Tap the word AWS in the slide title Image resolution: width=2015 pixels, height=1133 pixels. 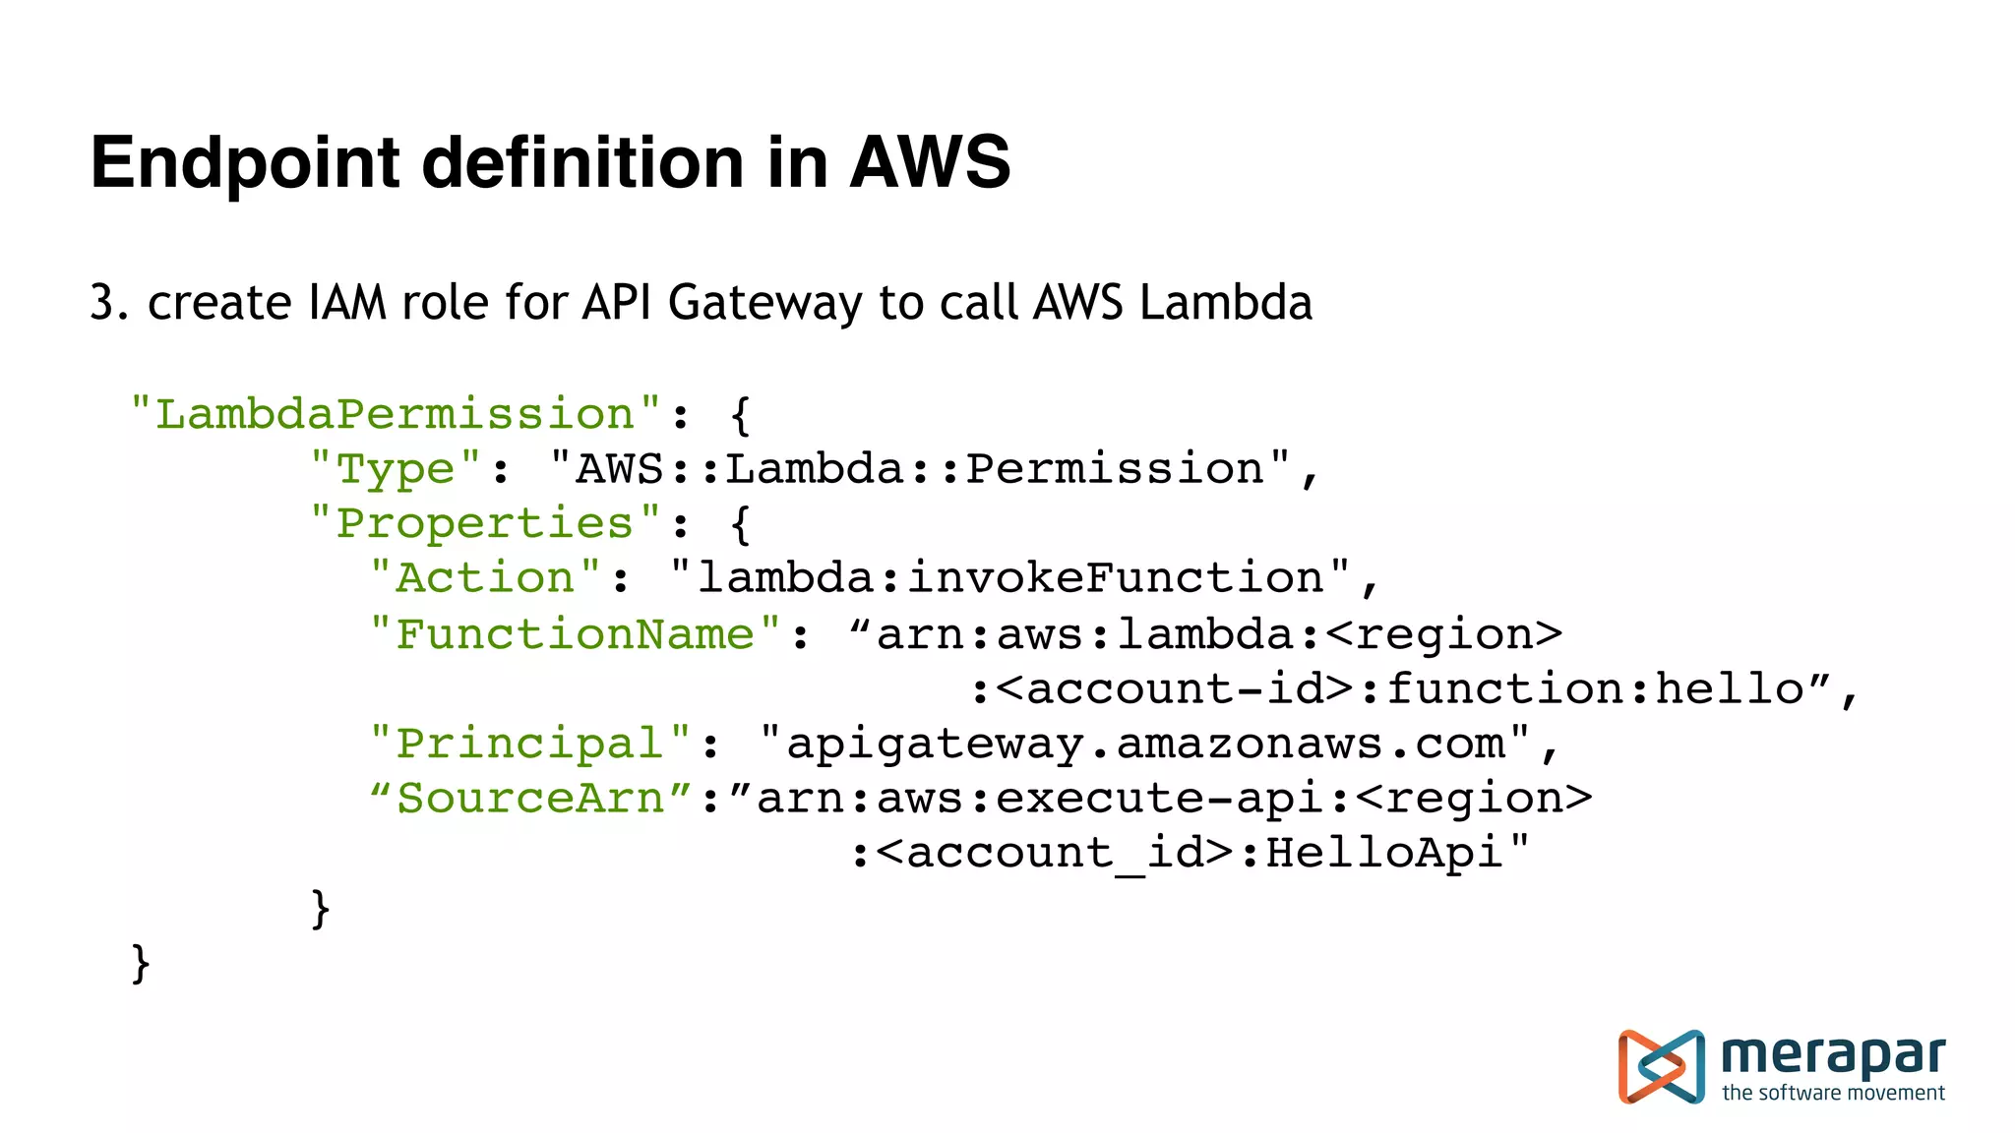(930, 162)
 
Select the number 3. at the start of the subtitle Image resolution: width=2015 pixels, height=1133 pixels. (109, 303)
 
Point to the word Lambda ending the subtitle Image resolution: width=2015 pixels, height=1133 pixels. (1226, 302)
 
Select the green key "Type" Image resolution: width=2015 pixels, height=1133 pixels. (396, 469)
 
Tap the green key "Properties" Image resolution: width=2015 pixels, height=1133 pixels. (485, 523)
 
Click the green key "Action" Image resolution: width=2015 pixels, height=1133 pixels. (485, 577)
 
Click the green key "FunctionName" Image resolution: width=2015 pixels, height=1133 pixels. (575, 634)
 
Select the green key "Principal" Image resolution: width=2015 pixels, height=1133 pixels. (530, 744)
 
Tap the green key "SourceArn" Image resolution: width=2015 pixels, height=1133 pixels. (531, 798)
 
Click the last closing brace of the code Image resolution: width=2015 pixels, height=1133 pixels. (141, 963)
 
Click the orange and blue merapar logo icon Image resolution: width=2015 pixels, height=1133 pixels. (1661, 1067)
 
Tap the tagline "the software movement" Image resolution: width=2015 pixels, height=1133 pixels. (1833, 1093)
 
